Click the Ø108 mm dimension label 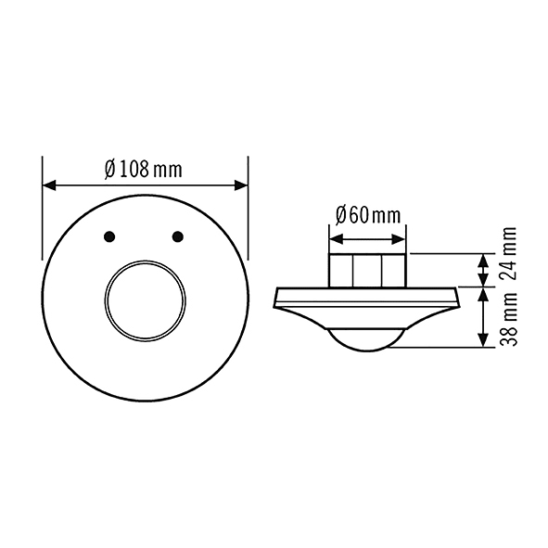pyautogui.click(x=144, y=170)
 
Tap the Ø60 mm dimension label pyautogui.click(x=368, y=215)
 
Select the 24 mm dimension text pyautogui.click(x=508, y=253)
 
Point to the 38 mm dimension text pyautogui.click(x=508, y=319)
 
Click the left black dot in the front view pyautogui.click(x=109, y=236)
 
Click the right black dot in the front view pyautogui.click(x=178, y=236)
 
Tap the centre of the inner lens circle pyautogui.click(x=145, y=300)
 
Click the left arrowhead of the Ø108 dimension pyautogui.click(x=49, y=185)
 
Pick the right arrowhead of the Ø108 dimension pyautogui.click(x=241, y=185)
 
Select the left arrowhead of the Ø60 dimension pyautogui.click(x=336, y=240)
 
